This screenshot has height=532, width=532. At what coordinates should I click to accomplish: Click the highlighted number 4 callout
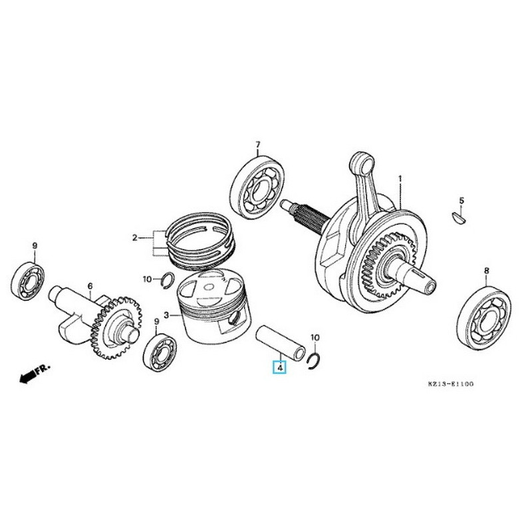click(x=280, y=367)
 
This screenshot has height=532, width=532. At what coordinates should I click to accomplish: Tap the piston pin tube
click(x=281, y=340)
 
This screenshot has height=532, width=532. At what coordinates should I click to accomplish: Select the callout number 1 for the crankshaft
click(x=400, y=179)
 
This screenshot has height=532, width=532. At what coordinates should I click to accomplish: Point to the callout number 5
click(x=462, y=200)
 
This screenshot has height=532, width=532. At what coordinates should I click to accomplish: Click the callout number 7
click(x=258, y=144)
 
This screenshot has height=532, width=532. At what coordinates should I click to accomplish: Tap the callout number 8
click(x=486, y=271)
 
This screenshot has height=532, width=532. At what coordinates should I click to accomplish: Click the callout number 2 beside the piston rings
click(x=135, y=237)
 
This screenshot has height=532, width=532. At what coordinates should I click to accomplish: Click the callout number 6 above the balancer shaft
click(x=89, y=287)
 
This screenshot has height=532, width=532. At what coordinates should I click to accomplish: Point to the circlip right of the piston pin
click(x=316, y=360)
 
